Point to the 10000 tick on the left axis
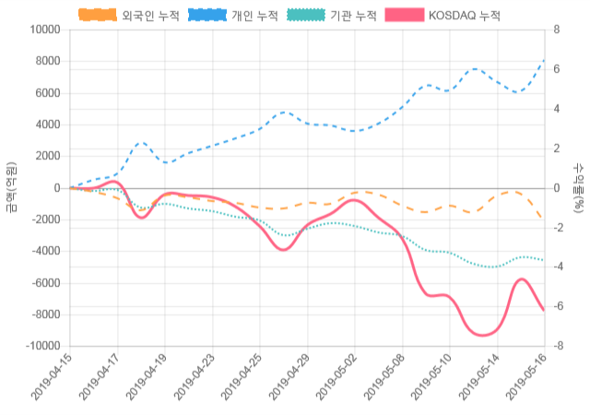point(42,30)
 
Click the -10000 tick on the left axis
point(40,346)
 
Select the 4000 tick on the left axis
point(45,125)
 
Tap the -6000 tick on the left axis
point(42,283)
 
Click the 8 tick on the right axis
point(556,30)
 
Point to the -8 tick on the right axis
point(558,346)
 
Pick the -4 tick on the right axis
point(558,267)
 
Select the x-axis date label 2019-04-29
point(290,380)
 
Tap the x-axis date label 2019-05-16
point(527,380)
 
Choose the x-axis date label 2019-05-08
point(385,380)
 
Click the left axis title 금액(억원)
point(11,188)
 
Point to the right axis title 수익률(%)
point(579,188)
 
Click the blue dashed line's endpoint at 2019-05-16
point(544,61)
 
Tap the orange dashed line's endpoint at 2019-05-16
point(544,219)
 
